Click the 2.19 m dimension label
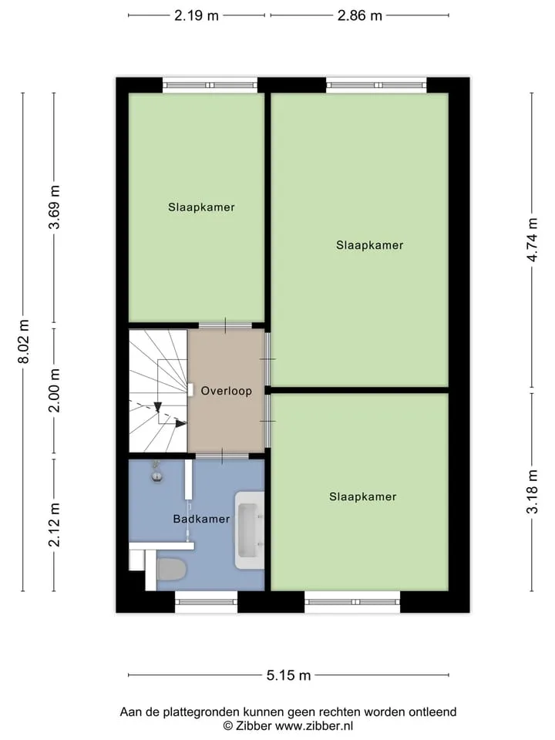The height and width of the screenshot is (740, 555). point(197,15)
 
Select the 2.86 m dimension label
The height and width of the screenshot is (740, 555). point(360,15)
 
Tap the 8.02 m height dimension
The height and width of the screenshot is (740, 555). point(23,341)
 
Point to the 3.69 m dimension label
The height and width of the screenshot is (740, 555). point(54,207)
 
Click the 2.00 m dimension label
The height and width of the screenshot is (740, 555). point(54,390)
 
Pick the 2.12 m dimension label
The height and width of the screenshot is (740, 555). point(54,525)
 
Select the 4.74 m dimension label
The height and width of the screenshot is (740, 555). point(532,240)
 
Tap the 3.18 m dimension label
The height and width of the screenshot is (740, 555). point(532,491)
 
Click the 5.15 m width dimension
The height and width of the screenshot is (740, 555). point(288,675)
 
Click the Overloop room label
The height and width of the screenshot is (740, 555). point(227,391)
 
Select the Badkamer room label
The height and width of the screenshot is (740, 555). point(201,519)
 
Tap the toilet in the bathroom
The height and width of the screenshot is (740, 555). point(171,570)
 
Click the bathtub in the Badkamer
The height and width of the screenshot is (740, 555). point(250,530)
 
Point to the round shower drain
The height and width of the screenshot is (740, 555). point(157,476)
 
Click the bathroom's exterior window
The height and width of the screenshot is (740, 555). point(207,602)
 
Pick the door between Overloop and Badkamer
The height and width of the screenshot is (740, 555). point(222,456)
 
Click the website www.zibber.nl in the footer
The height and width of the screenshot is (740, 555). point(314,726)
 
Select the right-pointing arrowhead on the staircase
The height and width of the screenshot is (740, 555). point(180,423)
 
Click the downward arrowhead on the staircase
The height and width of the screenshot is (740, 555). point(158,407)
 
